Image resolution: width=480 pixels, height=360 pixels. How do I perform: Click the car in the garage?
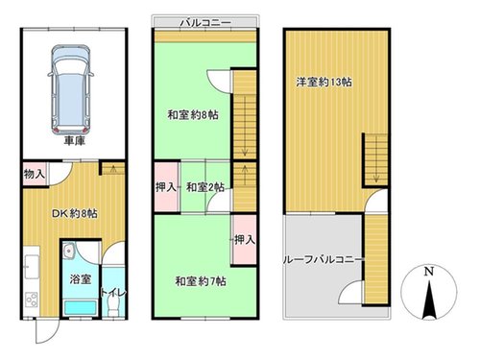click(71, 90)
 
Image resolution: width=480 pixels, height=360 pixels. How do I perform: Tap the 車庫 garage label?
click(75, 140)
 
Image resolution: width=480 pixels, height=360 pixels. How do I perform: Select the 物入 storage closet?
click(35, 174)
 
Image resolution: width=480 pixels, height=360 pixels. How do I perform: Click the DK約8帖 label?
click(75, 213)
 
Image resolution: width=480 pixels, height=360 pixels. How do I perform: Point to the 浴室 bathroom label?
click(81, 279)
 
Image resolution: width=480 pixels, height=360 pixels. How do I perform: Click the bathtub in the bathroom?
click(81, 308)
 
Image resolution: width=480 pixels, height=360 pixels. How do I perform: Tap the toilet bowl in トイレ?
click(112, 306)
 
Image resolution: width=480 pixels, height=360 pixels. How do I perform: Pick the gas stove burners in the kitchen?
click(32, 300)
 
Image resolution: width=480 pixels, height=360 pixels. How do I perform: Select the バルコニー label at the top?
click(205, 22)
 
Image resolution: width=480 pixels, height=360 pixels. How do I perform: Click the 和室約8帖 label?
click(193, 114)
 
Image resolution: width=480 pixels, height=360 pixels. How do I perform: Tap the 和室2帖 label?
click(205, 187)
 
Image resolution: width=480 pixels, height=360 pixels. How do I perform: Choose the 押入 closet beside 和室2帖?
click(166, 187)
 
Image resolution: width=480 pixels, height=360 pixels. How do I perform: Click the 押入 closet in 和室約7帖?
click(245, 239)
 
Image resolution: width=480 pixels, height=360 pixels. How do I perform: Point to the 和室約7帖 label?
click(201, 281)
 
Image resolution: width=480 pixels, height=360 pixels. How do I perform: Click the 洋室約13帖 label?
click(324, 83)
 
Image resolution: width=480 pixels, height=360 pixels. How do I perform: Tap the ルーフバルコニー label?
click(323, 259)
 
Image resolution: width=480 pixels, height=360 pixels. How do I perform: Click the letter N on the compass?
click(429, 271)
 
